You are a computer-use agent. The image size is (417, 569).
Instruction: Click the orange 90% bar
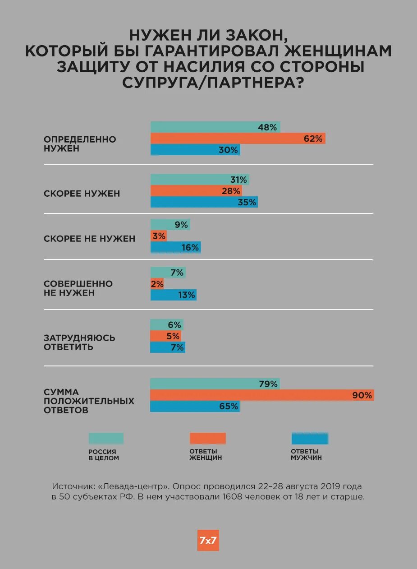261,395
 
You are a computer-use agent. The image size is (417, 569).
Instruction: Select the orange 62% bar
238,139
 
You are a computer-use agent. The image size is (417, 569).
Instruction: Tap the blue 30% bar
195,150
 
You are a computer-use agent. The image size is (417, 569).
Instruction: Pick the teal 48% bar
215,127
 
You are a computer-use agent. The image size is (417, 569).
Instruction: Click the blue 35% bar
204,202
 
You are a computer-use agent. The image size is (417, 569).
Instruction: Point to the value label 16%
190,247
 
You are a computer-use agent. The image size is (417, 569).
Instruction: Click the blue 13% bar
173,295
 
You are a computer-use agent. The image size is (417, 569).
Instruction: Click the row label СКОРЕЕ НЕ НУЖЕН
89,239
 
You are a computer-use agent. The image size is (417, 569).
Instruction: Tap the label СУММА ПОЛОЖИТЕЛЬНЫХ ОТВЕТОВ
89,401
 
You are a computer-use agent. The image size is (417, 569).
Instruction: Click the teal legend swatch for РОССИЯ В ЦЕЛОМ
106,438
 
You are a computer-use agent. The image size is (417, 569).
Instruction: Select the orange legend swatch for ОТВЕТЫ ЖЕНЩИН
207,438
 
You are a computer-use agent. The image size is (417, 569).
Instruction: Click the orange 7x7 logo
208,540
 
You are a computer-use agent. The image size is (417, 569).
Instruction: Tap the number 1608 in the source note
232,497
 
